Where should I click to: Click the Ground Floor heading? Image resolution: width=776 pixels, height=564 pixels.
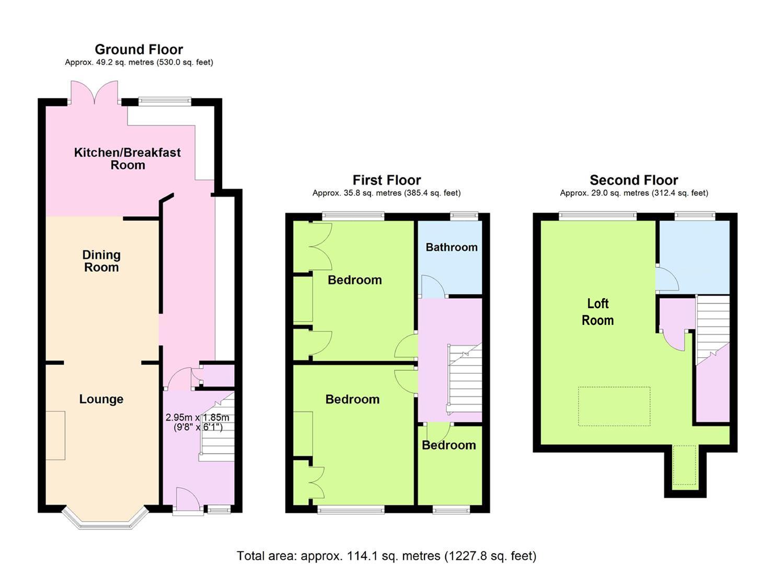[139, 50]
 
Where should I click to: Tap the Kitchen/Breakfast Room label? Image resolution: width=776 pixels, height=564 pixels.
[128, 159]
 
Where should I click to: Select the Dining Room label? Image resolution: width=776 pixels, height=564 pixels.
[101, 261]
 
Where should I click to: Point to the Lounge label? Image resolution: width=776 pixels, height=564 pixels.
[101, 399]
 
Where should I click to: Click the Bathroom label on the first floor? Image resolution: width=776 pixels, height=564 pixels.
[451, 247]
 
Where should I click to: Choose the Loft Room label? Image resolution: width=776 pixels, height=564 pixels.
[598, 312]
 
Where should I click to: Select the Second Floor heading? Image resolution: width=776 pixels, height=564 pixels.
[634, 180]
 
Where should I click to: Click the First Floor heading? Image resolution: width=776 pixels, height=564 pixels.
[387, 180]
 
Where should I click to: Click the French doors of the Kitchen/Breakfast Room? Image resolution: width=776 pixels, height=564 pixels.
[94, 92]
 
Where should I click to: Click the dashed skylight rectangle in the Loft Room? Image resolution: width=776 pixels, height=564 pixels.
[614, 406]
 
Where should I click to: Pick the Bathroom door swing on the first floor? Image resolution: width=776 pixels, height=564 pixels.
[433, 286]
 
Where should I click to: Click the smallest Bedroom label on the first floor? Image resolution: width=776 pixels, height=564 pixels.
[449, 445]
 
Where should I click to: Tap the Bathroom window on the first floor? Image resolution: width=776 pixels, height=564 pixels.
[464, 216]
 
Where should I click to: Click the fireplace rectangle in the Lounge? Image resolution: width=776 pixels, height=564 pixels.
[55, 436]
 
